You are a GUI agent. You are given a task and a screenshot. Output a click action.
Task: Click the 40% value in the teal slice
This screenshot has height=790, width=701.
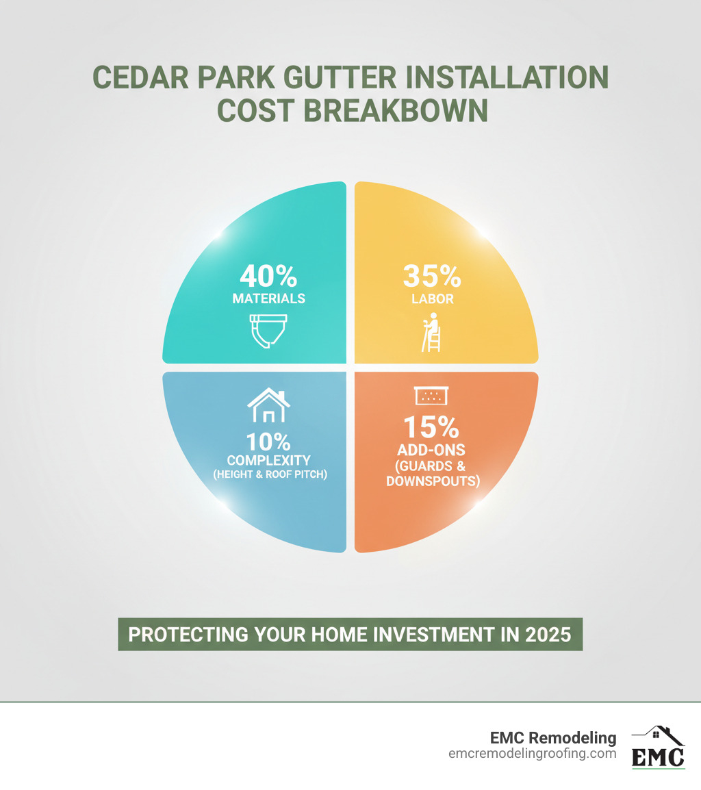[268, 276]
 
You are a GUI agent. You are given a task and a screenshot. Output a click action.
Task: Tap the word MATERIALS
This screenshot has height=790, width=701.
[268, 298]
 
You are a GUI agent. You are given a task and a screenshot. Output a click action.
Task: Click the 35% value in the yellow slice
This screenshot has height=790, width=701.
[431, 276]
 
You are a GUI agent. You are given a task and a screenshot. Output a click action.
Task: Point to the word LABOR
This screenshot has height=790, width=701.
[431, 298]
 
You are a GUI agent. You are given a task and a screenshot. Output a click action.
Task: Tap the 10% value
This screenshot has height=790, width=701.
[268, 440]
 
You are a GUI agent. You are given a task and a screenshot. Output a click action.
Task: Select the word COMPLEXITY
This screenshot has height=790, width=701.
[268, 460]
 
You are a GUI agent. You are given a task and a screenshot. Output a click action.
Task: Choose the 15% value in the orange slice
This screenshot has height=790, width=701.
[431, 428]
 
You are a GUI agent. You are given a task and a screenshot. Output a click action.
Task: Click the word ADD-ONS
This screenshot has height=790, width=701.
[431, 450]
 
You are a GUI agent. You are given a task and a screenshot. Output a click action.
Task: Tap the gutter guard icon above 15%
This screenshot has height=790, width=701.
[431, 395]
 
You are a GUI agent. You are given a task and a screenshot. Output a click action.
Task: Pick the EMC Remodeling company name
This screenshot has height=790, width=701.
[553, 738]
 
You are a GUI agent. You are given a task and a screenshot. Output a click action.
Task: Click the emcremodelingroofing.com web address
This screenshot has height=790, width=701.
[532, 753]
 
